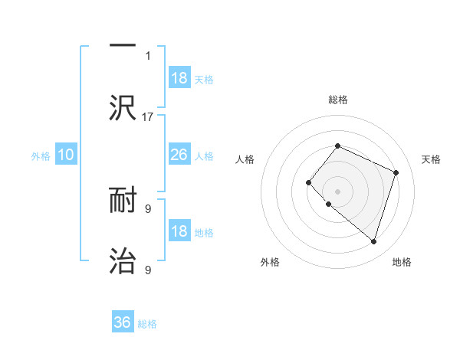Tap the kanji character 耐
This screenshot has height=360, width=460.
[123, 200]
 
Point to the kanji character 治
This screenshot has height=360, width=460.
[123, 260]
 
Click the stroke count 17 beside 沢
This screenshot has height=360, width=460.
[148, 117]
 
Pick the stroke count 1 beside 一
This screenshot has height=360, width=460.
[148, 56]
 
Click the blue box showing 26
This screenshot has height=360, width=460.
[179, 155]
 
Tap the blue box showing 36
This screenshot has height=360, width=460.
[123, 322]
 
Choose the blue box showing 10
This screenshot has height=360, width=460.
[66, 155]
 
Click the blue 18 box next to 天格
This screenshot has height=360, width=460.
[179, 78]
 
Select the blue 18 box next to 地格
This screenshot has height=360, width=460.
[179, 231]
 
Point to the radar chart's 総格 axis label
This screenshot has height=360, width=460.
[338, 100]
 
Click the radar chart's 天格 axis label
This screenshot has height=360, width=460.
[432, 159]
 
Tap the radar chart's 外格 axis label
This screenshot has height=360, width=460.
[270, 262]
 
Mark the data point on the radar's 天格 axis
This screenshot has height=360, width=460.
[396, 172]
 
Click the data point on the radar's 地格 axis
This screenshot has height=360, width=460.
[373, 241]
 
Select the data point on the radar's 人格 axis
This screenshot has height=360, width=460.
[308, 182]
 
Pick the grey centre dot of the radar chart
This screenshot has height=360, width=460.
[338, 191]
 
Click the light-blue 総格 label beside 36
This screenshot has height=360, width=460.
[147, 324]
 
